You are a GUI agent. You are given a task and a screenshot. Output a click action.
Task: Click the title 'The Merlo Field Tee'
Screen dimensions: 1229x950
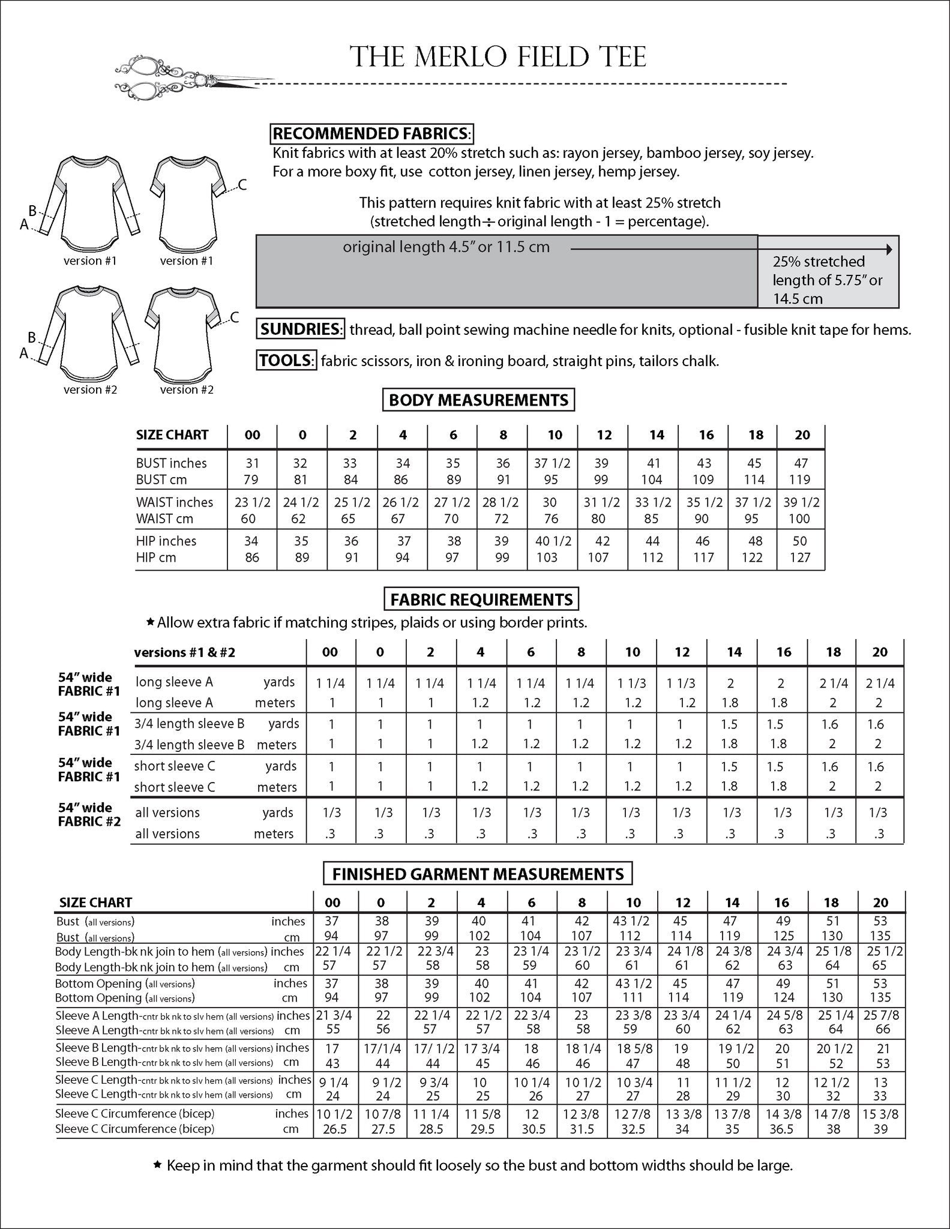498,57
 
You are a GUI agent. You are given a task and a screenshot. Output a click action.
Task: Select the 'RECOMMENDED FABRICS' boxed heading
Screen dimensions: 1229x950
372,133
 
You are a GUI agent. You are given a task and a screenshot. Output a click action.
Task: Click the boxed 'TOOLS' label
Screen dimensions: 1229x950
286,361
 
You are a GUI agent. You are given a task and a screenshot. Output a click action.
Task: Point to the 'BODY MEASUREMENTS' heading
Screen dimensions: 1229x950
478,400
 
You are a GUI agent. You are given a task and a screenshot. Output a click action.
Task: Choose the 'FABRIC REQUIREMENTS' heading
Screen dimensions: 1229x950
481,599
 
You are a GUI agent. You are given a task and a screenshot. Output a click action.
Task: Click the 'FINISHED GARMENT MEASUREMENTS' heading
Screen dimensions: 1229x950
478,874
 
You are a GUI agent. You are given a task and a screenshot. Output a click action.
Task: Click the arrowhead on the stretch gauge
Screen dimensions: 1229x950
889,249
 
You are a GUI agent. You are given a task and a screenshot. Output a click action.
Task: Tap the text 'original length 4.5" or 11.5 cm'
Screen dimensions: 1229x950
446,247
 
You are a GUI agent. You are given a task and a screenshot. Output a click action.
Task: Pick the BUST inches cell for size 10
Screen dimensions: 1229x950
552,463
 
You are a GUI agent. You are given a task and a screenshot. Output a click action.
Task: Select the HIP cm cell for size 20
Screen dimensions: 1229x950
800,557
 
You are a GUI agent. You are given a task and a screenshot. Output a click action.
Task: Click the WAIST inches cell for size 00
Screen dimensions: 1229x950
252,502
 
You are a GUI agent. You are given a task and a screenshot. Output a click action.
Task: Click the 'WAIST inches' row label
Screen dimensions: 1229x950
174,502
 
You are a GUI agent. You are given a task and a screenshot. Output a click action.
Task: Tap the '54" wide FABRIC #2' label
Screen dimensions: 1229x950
89,814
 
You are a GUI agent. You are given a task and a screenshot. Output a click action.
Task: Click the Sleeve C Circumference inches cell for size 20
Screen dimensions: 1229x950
880,1114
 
